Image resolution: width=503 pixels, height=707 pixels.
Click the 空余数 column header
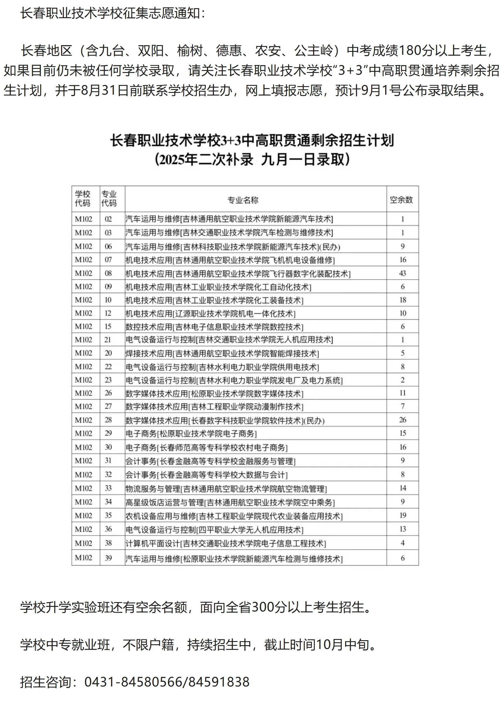point(401,200)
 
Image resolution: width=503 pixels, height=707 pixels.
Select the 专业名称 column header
point(242,200)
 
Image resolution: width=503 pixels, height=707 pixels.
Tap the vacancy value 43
point(402,273)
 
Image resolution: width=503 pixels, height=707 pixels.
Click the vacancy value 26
point(402,420)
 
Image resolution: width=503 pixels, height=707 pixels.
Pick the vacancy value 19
point(402,515)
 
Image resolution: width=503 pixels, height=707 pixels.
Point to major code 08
point(108,273)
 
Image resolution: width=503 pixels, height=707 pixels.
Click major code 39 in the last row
point(108,558)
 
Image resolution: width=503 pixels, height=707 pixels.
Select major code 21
point(108,340)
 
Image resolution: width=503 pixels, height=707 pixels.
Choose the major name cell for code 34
point(230,502)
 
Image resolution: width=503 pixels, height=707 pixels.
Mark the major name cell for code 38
point(225,543)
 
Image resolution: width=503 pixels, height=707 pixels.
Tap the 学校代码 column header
point(83,198)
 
